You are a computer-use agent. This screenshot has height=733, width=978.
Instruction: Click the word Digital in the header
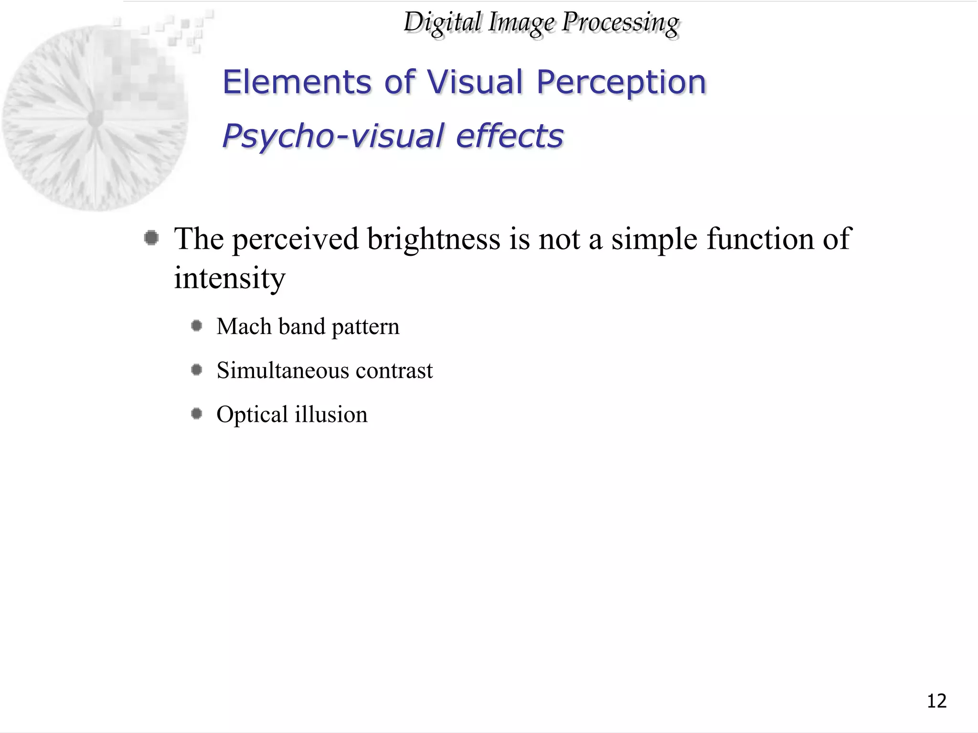pos(442,23)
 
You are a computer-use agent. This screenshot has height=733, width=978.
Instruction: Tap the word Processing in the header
pos(620,23)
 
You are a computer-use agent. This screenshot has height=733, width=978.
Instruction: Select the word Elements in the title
pos(297,82)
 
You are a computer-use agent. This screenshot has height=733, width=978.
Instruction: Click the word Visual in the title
pos(475,82)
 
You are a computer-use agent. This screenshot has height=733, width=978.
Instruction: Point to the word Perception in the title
pos(621,83)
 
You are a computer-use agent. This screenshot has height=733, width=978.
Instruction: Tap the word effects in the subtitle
pos(510,136)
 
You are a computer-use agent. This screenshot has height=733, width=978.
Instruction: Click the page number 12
pos(936,701)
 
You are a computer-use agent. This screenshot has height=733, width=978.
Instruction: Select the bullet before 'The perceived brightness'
pos(151,238)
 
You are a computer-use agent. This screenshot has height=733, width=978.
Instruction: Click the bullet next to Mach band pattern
pos(196,326)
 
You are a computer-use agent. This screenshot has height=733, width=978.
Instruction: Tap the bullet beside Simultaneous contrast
pos(196,370)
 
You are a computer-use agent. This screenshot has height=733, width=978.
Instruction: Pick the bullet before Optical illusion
pos(196,413)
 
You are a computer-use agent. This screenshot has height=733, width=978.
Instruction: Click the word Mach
pos(244,327)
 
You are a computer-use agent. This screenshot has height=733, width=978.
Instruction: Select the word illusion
pos(331,414)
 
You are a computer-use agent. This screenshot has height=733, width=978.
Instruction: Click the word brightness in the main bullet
pos(434,240)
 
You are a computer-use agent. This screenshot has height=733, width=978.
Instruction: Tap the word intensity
pos(229,278)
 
